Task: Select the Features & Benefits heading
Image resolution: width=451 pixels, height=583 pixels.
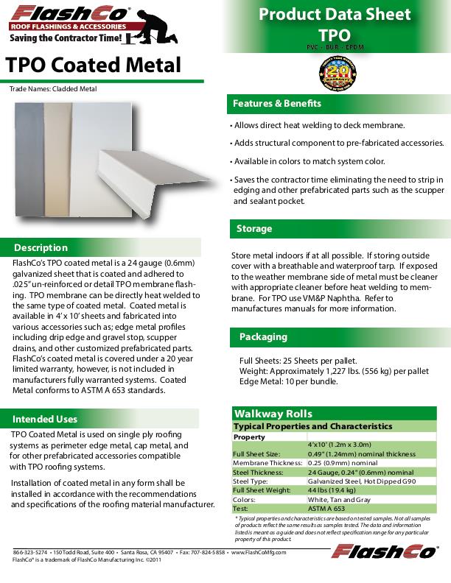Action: (x=278, y=104)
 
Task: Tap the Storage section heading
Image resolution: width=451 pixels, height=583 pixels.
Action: (x=254, y=229)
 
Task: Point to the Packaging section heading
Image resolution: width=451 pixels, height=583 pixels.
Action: (x=263, y=337)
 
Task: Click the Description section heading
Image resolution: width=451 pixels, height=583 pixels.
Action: (x=41, y=247)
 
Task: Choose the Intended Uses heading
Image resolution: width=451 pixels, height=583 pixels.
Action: (x=45, y=419)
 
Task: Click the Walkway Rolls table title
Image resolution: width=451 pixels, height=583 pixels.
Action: (x=273, y=414)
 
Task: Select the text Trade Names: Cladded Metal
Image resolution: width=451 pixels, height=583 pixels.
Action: (x=53, y=89)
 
